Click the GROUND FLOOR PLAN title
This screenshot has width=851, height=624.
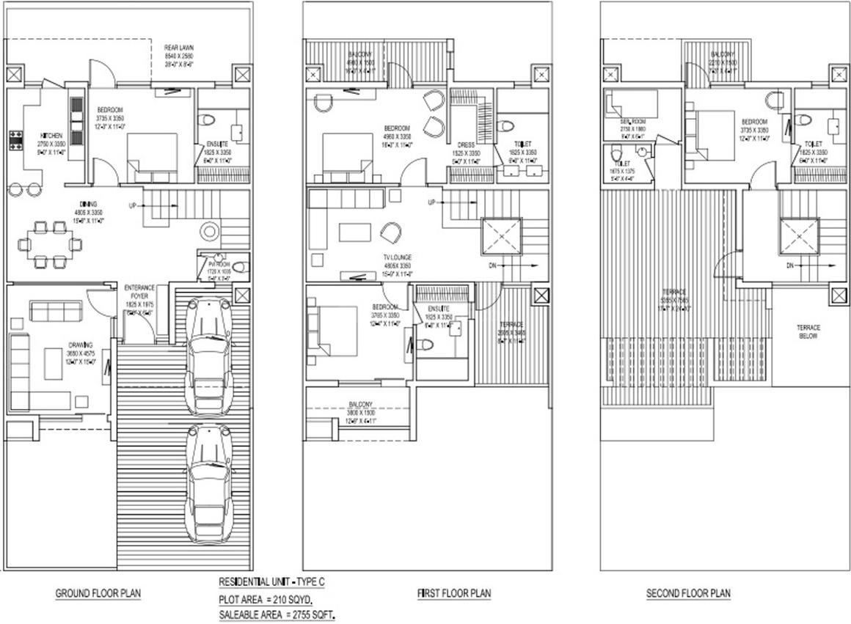click(98, 593)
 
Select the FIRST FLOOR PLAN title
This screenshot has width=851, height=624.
click(454, 593)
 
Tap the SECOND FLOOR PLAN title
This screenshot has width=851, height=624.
click(688, 593)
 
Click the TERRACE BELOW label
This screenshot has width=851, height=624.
click(808, 331)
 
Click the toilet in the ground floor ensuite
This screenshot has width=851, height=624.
click(208, 120)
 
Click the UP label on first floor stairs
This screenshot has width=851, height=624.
click(433, 202)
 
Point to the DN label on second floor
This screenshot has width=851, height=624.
click(791, 265)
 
